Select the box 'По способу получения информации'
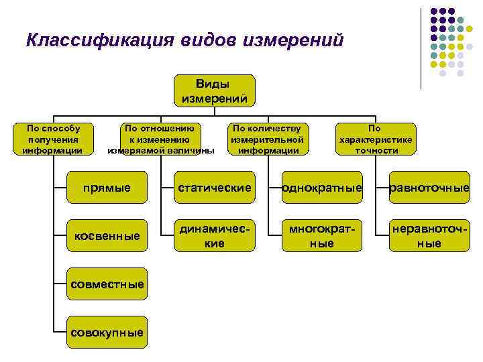pos(52,139)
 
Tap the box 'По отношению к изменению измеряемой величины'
pos(161,139)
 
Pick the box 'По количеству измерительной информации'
pos(268,139)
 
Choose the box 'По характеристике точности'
pos(375,139)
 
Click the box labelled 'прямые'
pos(107,187)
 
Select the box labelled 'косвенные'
pos(107,235)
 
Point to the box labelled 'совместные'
pos(107,284)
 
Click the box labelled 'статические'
pos(214,187)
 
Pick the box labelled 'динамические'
pos(214,235)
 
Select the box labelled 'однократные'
pos(322,187)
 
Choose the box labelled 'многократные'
pos(322,235)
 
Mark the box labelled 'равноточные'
pos(429,187)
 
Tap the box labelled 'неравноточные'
pos(429,235)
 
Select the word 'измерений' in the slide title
pos(295,40)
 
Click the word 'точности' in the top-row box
pos(376,150)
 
